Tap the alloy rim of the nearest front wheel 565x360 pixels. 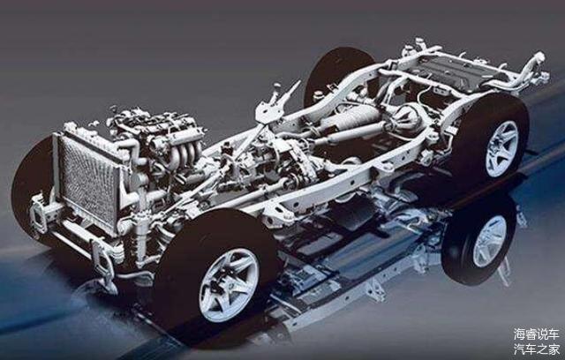230,284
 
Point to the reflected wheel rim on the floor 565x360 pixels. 489,241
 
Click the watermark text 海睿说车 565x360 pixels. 537,334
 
